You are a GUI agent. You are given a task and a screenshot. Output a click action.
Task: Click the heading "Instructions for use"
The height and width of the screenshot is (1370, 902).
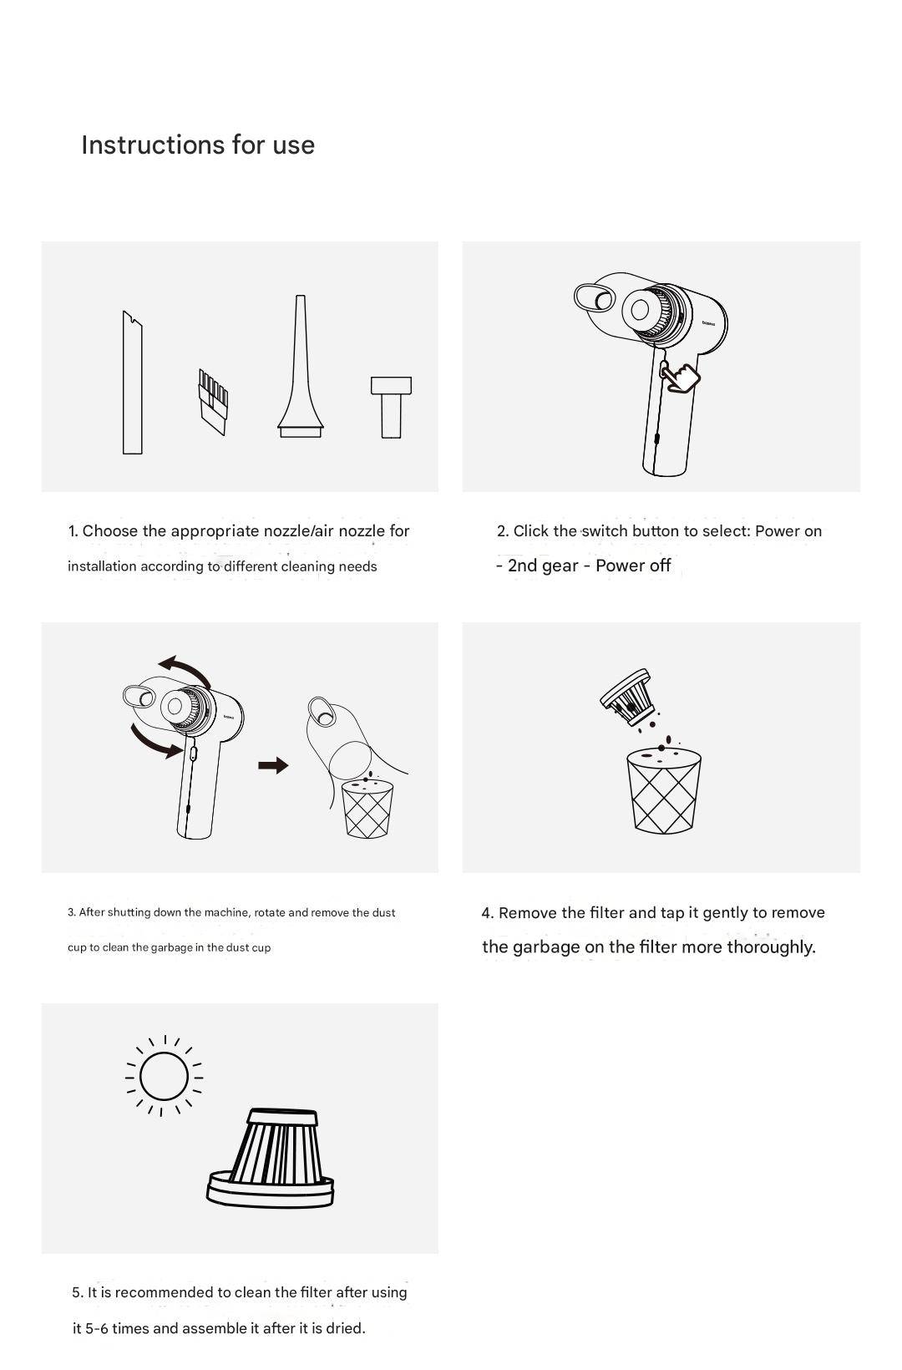click(198, 145)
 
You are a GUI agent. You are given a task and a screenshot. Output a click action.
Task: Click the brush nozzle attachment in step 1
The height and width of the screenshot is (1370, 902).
click(213, 402)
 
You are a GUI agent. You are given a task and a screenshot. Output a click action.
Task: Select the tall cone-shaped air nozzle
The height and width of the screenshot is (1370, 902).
click(301, 367)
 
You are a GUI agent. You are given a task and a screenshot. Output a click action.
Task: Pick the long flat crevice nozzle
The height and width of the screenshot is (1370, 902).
click(132, 383)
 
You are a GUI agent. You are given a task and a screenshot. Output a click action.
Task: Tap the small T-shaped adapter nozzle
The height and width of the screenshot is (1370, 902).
click(392, 407)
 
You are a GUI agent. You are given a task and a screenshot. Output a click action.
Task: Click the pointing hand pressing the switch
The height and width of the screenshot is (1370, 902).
click(681, 376)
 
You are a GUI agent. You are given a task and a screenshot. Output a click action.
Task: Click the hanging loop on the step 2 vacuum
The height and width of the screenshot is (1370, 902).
click(595, 297)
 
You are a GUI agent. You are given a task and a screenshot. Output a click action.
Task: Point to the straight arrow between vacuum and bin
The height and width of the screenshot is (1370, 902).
click(273, 765)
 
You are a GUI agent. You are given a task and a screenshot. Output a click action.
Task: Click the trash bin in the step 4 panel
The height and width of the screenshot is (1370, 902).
click(663, 790)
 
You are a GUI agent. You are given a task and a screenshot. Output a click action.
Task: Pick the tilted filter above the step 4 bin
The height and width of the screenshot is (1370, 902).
click(627, 697)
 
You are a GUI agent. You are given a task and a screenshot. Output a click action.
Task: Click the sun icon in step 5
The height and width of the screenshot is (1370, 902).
click(164, 1076)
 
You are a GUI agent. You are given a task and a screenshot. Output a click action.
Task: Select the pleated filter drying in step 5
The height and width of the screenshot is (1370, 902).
click(271, 1158)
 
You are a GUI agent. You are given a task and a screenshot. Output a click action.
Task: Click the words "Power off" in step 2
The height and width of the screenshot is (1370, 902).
click(633, 565)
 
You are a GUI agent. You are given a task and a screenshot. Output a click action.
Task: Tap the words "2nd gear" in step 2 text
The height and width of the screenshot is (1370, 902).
click(543, 566)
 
